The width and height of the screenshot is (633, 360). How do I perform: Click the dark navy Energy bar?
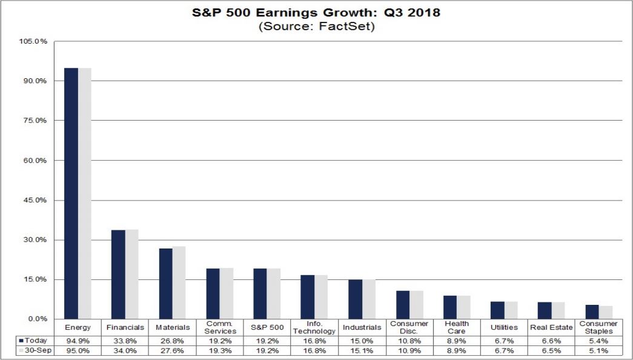coord(71,193)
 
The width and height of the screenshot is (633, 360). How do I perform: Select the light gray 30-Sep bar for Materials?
coord(179,282)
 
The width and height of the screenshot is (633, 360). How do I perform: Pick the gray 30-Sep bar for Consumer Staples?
coord(606,313)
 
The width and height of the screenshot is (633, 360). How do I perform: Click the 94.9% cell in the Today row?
coord(78,341)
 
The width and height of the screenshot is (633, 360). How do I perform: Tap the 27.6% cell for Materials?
coord(173,350)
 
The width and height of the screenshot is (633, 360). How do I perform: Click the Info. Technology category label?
coord(315,327)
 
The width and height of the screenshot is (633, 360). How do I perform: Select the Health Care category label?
coord(457,327)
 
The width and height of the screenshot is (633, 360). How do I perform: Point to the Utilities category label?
coord(505,327)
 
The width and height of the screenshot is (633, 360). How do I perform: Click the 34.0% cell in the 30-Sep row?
coord(125,350)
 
